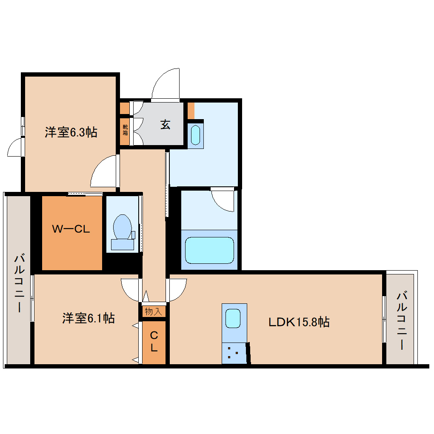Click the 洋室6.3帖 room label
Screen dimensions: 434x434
(x=71, y=133)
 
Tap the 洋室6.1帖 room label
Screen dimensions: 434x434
(x=88, y=318)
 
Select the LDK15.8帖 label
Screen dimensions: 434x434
(x=299, y=322)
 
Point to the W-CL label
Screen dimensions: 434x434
(x=71, y=229)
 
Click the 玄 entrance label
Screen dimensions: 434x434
(x=165, y=125)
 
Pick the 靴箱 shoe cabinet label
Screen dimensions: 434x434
(x=125, y=129)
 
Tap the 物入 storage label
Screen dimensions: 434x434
(x=154, y=311)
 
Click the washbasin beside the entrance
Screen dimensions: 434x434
(x=195, y=135)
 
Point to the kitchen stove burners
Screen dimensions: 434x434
(x=233, y=352)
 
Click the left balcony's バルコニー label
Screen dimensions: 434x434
(x=19, y=283)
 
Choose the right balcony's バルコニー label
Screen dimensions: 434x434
(x=402, y=320)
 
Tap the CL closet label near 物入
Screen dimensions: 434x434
(x=154, y=342)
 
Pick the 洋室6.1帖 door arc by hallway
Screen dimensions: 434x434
(x=130, y=289)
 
